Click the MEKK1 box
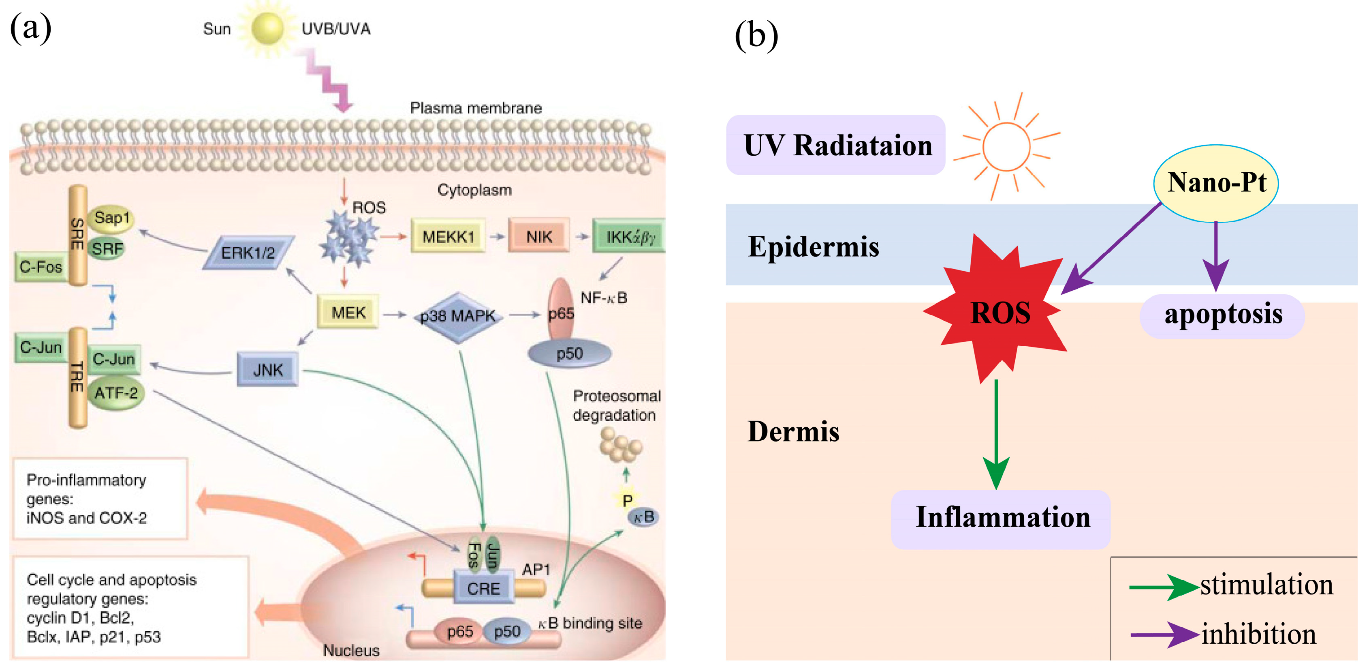pyautogui.click(x=447, y=236)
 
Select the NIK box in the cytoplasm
pyautogui.click(x=538, y=236)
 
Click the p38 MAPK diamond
pyautogui.click(x=457, y=316)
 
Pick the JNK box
pyautogui.click(x=267, y=369)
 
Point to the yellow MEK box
pyautogui.click(x=348, y=312)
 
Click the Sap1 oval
pyautogui.click(x=111, y=218)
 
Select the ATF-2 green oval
pyautogui.click(x=116, y=393)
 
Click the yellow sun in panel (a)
pyautogui.click(x=267, y=28)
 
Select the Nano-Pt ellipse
pyautogui.click(x=1216, y=183)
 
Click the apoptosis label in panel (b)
pyautogui.click(x=1222, y=315)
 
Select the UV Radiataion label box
pyautogui.click(x=835, y=145)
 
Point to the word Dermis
pyautogui.click(x=793, y=431)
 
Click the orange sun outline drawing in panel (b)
pyautogui.click(x=1006, y=146)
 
